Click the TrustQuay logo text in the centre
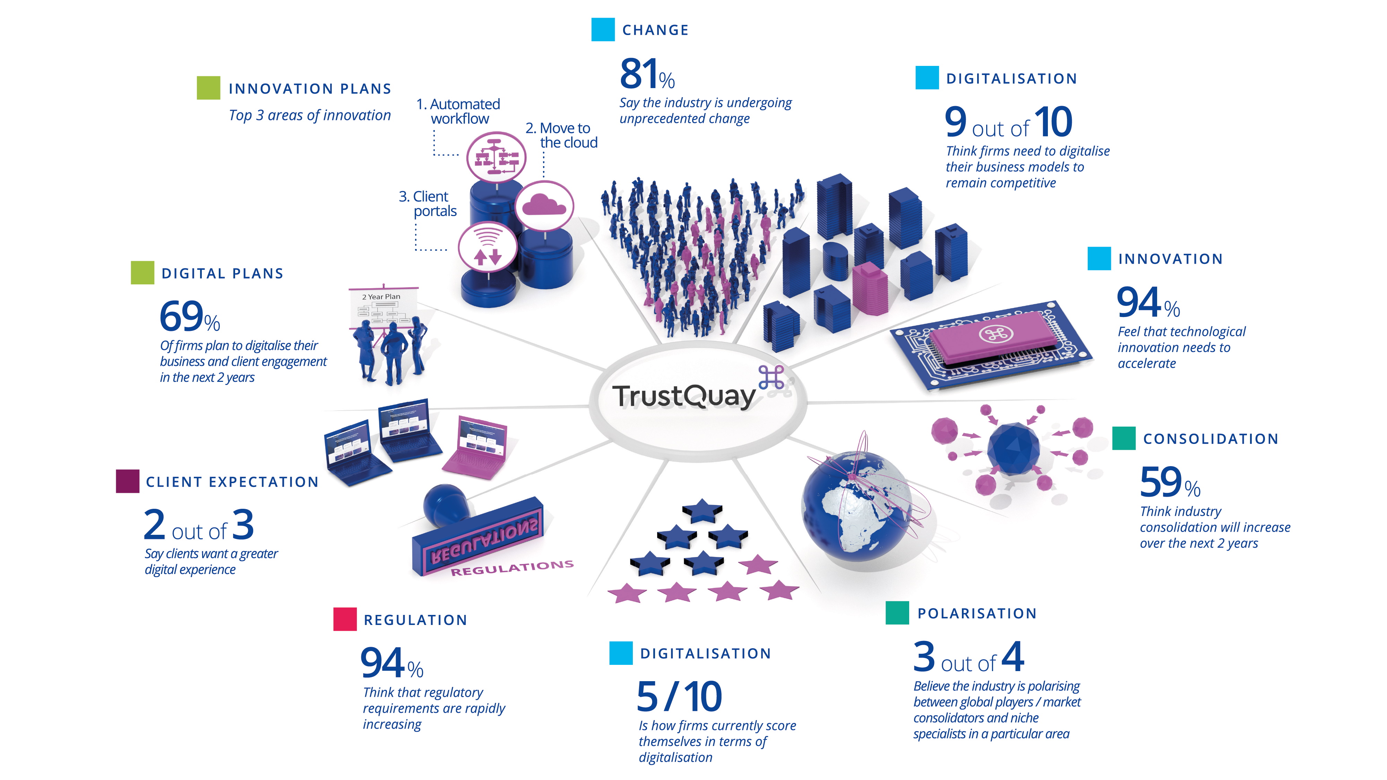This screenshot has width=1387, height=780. click(x=684, y=396)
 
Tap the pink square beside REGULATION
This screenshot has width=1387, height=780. click(x=345, y=619)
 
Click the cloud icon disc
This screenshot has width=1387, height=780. click(x=544, y=206)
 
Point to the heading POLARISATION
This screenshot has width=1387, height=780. click(x=977, y=614)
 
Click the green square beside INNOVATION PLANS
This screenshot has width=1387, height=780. click(x=208, y=88)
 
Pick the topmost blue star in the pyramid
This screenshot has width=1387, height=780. click(x=702, y=510)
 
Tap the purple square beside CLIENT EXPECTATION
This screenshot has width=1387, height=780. click(x=128, y=481)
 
